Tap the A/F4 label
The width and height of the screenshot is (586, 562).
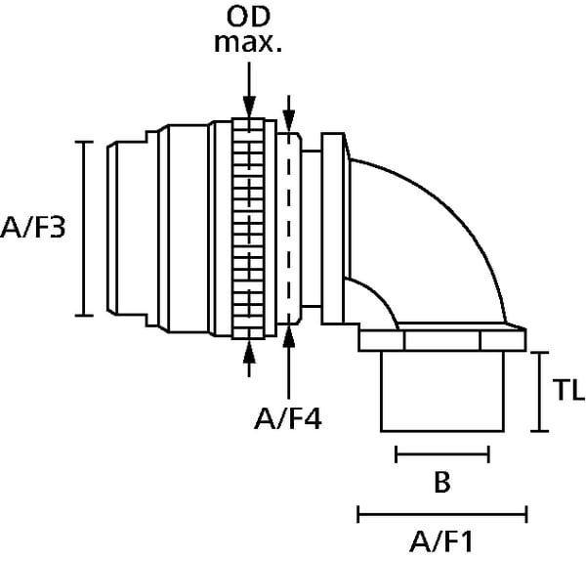click(288, 419)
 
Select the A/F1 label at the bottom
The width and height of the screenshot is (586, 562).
click(442, 540)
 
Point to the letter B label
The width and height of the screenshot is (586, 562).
click(442, 483)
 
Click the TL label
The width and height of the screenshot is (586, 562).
click(565, 392)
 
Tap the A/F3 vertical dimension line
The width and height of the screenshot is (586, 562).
click(85, 229)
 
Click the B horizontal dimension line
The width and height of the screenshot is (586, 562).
click(442, 454)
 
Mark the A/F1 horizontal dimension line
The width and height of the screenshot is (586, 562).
click(442, 512)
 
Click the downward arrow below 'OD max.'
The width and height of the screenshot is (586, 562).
click(250, 93)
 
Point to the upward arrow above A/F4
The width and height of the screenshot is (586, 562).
click(289, 367)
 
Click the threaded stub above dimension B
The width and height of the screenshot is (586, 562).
click(442, 391)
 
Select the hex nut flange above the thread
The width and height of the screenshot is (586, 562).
click(442, 340)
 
